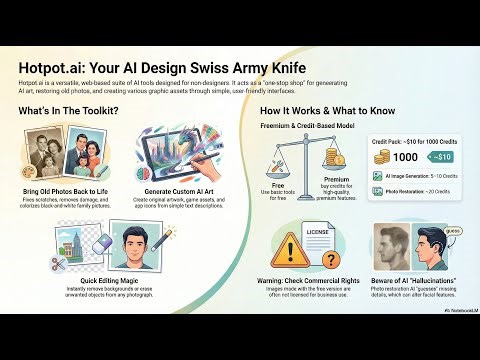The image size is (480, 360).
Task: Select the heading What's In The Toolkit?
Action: (69, 110)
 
